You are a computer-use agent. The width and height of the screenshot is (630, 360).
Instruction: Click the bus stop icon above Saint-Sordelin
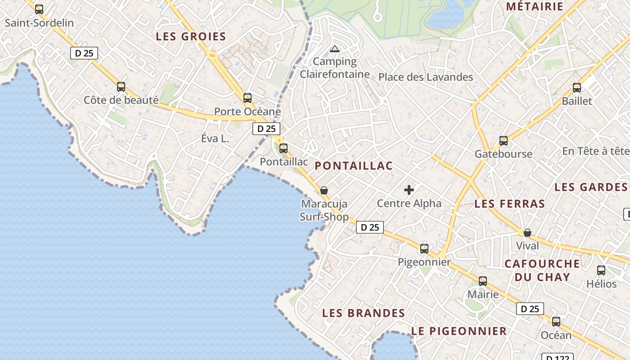coord(39,9)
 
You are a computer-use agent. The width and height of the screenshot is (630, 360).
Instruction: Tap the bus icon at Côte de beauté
coord(121,87)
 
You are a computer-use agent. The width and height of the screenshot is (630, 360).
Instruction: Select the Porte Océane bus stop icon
coord(247,98)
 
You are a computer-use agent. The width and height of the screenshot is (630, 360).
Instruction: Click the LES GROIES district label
coord(191,37)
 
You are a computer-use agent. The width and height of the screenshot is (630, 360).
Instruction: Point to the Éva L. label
coord(215,139)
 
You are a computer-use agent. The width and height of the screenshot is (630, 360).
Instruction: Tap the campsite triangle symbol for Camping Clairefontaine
coord(334,49)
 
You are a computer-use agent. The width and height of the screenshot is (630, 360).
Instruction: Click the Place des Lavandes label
coord(426,77)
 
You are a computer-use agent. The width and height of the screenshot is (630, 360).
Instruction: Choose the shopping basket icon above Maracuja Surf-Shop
coord(324,190)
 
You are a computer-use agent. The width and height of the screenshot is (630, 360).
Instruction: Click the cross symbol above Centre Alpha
coord(409,190)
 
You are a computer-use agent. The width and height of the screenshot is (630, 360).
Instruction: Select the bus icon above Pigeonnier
coord(424,248)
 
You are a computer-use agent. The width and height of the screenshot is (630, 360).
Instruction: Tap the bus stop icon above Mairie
coord(483,281)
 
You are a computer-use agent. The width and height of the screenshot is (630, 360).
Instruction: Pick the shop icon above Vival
coord(527,233)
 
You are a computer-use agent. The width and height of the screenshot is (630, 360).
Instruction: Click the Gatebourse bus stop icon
coord(504,141)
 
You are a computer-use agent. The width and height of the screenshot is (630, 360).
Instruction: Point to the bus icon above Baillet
coord(577,88)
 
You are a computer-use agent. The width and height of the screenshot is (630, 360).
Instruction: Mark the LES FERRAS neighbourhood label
coord(510,204)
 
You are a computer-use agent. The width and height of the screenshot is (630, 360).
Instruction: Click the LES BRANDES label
coord(364,313)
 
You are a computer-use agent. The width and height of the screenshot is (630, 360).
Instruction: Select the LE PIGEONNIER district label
coord(459,331)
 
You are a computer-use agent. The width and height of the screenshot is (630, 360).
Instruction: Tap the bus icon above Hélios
coord(601,270)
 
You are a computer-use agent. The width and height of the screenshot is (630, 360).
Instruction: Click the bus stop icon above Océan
coord(556,322)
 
